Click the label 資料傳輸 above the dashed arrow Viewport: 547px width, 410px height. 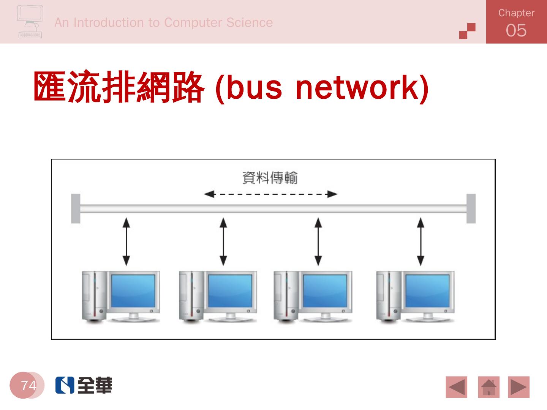pos(270,178)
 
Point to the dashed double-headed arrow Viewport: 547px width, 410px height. pos(270,194)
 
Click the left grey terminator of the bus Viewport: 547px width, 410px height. pos(76,208)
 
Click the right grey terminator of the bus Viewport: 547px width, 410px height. pos(471,208)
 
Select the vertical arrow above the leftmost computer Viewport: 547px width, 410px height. pos(126,241)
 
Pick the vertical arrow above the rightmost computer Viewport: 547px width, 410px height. pos(421,241)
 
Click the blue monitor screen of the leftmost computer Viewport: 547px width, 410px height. pos(133,291)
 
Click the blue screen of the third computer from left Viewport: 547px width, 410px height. pos(325,291)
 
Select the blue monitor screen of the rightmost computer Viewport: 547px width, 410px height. pos(427,291)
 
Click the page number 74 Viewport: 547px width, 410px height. pos(28,385)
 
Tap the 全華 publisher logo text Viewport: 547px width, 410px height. pos(95,385)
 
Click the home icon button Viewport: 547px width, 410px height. pos(489,387)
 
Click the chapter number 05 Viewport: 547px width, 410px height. pos(516,30)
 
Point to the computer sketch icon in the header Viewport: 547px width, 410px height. pos(30,22)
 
